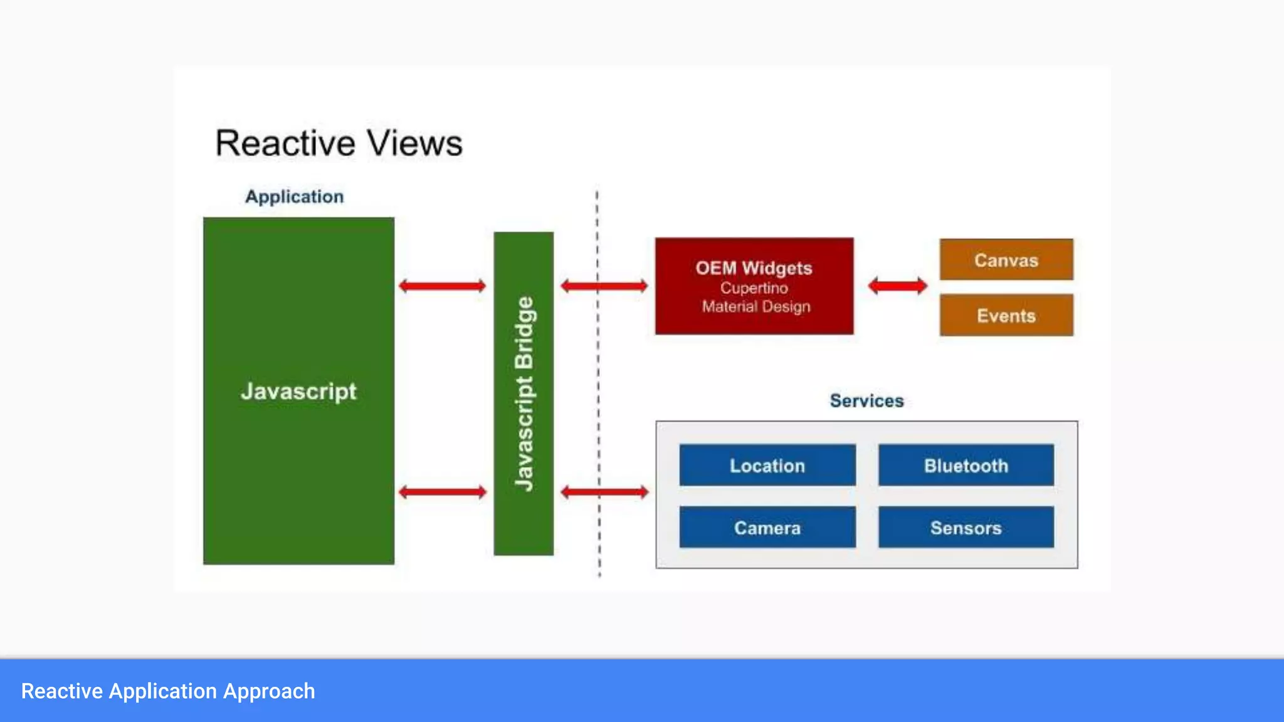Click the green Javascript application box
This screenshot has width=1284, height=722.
[x=298, y=390]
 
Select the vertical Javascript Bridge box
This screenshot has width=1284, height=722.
[x=524, y=394]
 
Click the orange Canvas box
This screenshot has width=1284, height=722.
[x=1006, y=259]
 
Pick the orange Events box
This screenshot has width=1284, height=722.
[x=1006, y=315]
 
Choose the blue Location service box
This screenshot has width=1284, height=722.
[x=767, y=465]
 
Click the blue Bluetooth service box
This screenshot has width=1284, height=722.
[x=966, y=465]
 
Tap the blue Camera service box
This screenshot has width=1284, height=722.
[x=767, y=528]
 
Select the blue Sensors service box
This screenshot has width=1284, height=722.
[x=966, y=528]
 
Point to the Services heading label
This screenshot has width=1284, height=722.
[x=866, y=400]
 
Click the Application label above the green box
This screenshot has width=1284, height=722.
[x=294, y=197]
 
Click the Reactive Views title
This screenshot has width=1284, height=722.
[x=339, y=143]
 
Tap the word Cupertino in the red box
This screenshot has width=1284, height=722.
[x=754, y=288]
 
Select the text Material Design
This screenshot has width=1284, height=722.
[x=756, y=306]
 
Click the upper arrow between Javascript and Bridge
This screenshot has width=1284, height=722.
[x=443, y=286]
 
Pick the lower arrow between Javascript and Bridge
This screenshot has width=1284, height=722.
[x=443, y=492]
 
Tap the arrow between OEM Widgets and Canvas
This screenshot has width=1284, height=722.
[x=897, y=286]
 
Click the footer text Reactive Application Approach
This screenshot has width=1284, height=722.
[x=168, y=691]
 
